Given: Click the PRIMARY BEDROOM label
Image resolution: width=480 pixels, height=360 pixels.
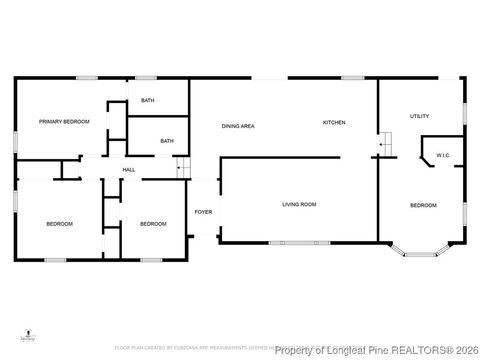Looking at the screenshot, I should pyautogui.click(x=64, y=121).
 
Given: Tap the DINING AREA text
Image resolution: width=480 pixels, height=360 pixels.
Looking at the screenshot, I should pyautogui.click(x=238, y=125).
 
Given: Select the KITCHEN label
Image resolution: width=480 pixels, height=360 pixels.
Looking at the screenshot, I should pyautogui.click(x=334, y=122).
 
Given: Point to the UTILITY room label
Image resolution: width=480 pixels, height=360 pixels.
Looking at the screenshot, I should pyautogui.click(x=419, y=116).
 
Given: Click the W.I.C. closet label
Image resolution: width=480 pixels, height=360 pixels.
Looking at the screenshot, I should pyautogui.click(x=441, y=155).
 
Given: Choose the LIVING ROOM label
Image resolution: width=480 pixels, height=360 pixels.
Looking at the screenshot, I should pyautogui.click(x=298, y=204).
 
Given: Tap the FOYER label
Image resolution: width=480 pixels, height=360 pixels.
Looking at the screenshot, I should pyautogui.click(x=203, y=212).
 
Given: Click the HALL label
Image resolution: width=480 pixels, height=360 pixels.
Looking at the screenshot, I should pyautogui.click(x=129, y=170).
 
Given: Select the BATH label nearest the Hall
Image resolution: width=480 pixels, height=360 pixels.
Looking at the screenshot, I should pyautogui.click(x=167, y=141).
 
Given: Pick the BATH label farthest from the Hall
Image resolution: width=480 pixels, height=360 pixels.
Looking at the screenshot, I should pyautogui.click(x=147, y=100).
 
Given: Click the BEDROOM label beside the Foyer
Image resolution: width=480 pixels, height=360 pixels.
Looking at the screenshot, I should pyautogui.click(x=152, y=224).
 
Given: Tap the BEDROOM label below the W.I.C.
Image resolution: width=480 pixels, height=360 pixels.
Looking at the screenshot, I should pyautogui.click(x=423, y=205).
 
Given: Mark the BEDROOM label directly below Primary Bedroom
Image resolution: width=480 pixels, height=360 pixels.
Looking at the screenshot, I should pyautogui.click(x=59, y=224).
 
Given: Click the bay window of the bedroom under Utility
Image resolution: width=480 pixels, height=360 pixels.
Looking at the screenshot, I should pyautogui.click(x=419, y=250).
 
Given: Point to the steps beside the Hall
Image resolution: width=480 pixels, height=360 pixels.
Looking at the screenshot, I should pyautogui.click(x=183, y=169).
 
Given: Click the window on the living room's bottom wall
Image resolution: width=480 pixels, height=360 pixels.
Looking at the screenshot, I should pyautogui.click(x=296, y=243).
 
